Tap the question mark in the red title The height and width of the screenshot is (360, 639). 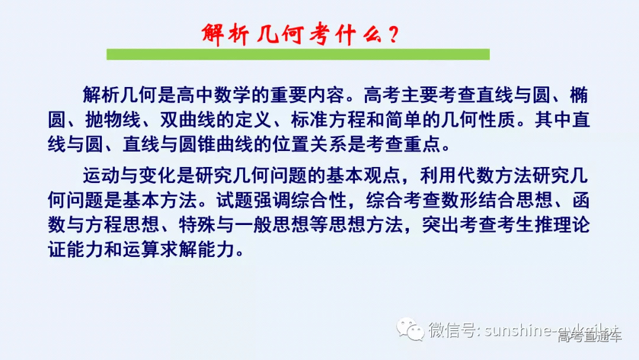tap(391, 34)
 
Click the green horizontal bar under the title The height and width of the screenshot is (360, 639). tap(298, 54)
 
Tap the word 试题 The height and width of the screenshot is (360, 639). tap(234, 200)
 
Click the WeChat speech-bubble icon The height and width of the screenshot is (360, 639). tap(410, 329)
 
